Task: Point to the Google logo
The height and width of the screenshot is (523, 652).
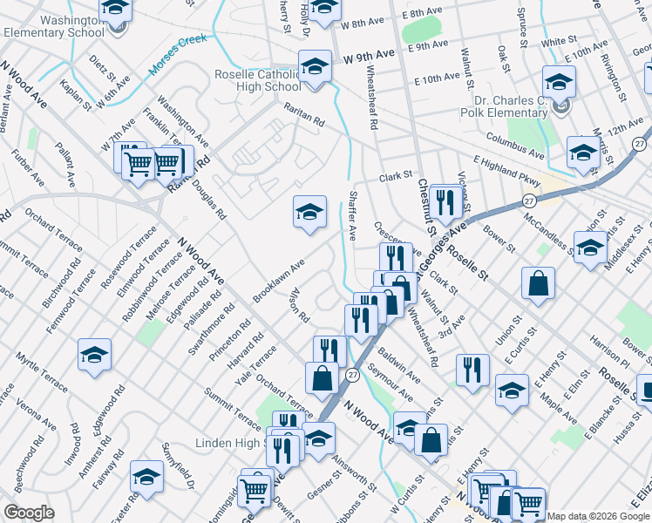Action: point(29,513)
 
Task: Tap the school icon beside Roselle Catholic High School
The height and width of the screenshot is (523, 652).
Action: point(316,65)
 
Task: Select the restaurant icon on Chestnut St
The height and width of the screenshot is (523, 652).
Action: point(445,202)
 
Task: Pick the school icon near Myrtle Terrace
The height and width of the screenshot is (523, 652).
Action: point(94,354)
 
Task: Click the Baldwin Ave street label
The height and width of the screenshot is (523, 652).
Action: point(400,367)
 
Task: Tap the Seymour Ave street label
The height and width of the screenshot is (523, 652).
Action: point(389,383)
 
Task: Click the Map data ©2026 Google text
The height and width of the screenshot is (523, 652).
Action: point(597,515)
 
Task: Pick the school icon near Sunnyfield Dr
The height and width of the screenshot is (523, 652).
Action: point(146,477)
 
